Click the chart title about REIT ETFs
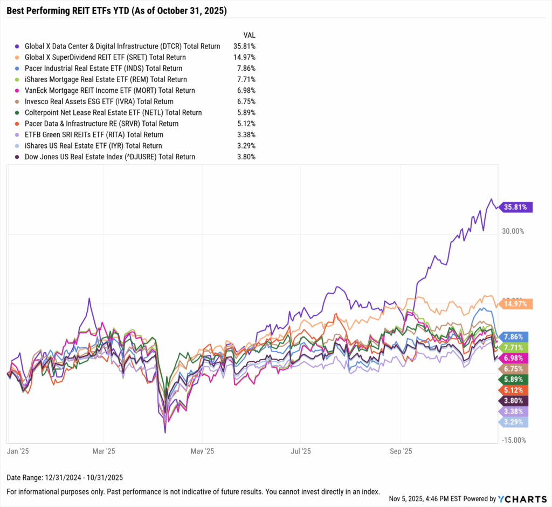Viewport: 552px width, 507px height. click(x=116, y=10)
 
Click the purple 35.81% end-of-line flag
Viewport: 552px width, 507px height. click(x=516, y=207)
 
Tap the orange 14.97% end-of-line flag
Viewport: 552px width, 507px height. click(x=516, y=304)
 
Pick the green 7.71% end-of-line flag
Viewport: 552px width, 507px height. click(x=514, y=347)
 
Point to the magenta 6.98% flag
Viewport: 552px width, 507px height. click(x=514, y=358)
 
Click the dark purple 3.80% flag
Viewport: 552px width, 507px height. click(x=514, y=401)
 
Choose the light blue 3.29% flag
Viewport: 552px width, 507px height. click(x=514, y=422)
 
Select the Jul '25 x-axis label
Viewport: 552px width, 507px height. click(x=301, y=451)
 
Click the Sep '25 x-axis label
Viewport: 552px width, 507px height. click(x=401, y=451)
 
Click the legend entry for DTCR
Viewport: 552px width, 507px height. click(x=122, y=46)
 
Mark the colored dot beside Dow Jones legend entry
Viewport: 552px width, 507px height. click(x=18, y=157)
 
